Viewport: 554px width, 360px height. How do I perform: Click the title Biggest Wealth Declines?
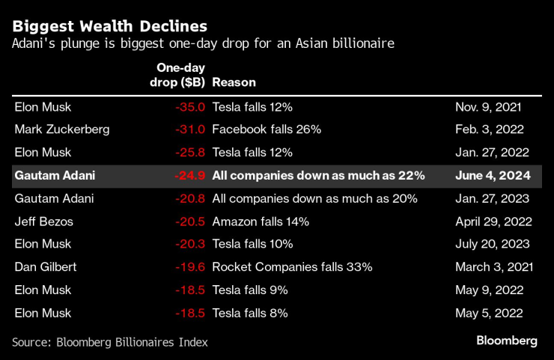[110, 28]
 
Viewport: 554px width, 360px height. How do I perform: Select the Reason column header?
[234, 82]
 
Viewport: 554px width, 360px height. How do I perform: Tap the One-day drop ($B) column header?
[177, 75]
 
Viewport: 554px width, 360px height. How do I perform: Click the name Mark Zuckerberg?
[62, 129]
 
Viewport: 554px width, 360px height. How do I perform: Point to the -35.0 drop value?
[190, 107]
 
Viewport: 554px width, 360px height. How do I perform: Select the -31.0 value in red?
[190, 129]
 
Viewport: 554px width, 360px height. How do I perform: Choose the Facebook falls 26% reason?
[267, 129]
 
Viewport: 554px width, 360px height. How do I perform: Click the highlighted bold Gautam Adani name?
[61, 176]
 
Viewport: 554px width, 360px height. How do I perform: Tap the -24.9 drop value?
[190, 176]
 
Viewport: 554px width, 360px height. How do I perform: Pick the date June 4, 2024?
[493, 176]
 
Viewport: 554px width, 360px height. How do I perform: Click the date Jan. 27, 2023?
[493, 199]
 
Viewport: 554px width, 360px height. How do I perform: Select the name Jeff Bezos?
[46, 222]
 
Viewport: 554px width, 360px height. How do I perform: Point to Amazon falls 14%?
[261, 222]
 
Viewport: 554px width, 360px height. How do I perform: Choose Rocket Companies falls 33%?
[292, 267]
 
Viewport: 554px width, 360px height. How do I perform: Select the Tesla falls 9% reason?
[250, 290]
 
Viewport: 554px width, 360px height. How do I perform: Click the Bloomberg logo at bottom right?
[507, 341]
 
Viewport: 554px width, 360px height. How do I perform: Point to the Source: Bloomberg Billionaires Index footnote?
[110, 342]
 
